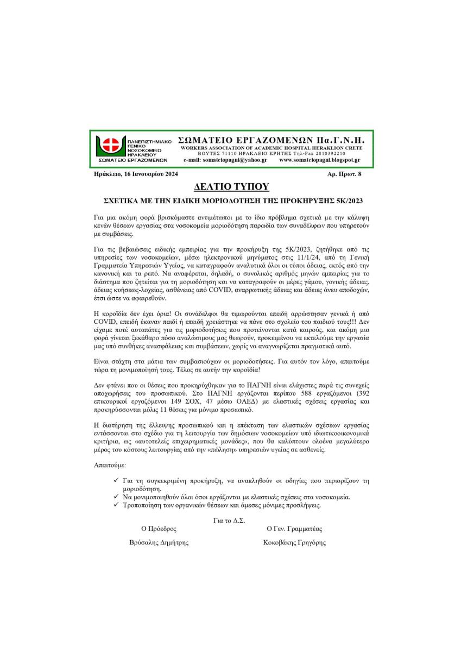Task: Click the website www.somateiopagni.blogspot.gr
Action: click(x=320, y=160)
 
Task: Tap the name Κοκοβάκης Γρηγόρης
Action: click(x=294, y=542)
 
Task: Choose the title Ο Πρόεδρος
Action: click(x=159, y=528)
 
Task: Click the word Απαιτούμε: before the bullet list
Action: click(x=110, y=466)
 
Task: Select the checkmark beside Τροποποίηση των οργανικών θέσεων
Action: click(x=116, y=505)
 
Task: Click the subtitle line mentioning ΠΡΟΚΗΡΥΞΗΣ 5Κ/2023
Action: click(x=231, y=199)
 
